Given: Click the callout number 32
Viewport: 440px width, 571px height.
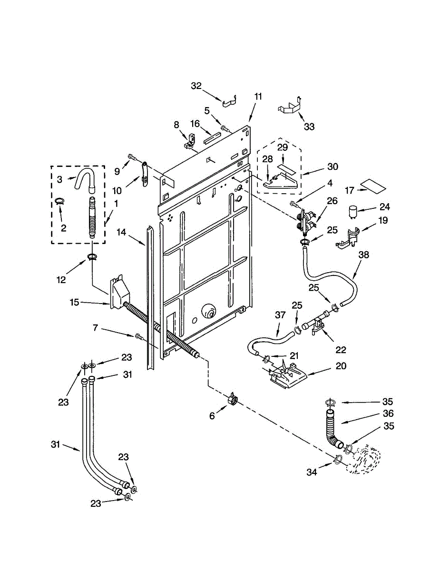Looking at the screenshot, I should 196,86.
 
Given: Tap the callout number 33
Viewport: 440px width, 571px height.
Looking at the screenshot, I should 309,127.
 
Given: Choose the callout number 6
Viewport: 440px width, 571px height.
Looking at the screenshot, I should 212,415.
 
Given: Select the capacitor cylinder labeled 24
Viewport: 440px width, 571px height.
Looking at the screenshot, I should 353,211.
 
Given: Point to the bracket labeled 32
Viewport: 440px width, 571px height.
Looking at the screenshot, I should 230,101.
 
